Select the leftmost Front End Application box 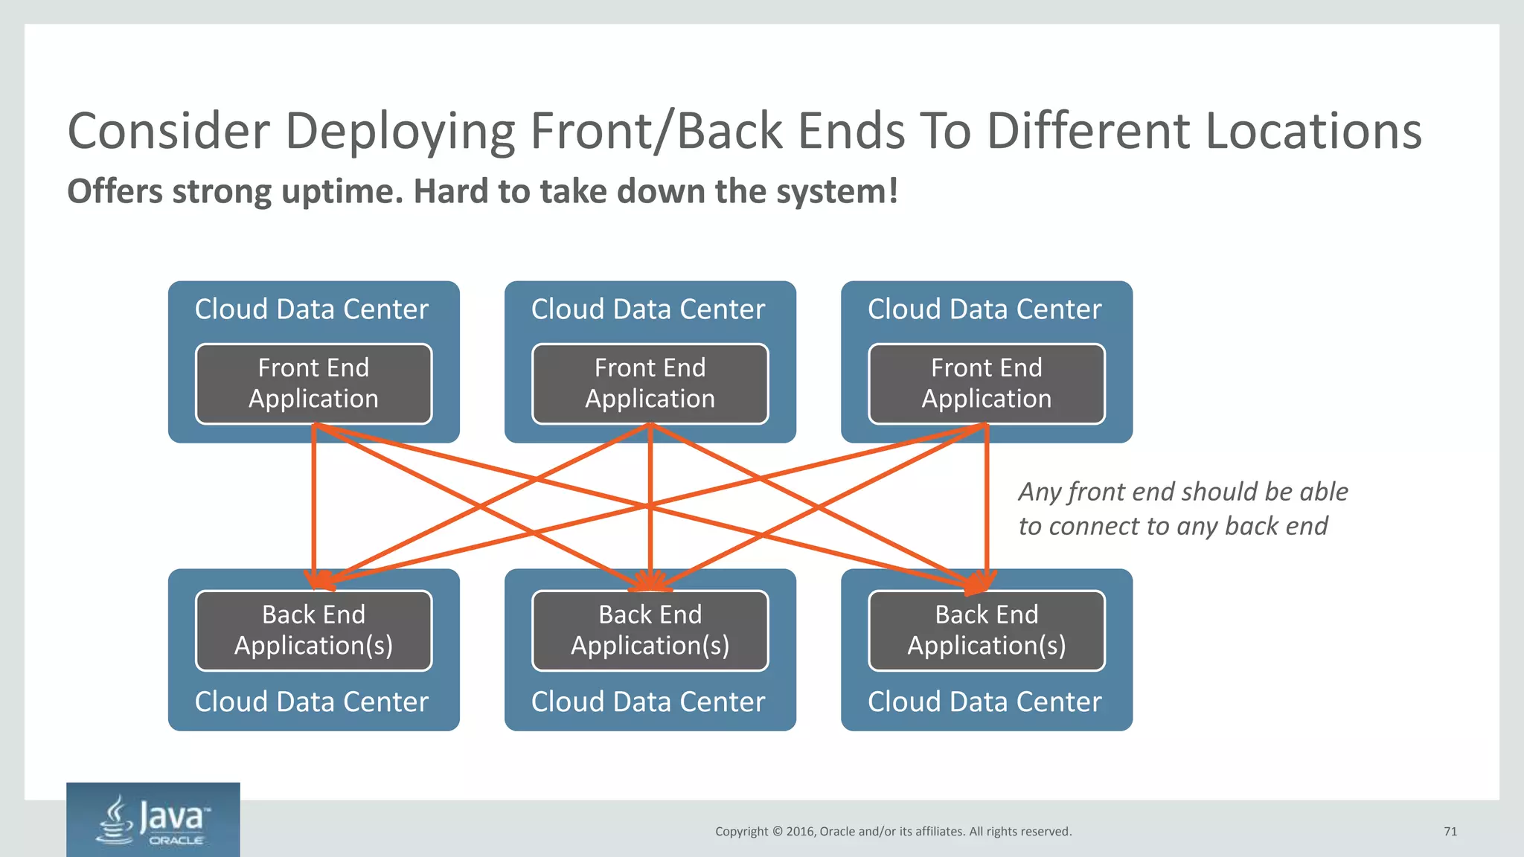coord(313,384)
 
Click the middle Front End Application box coord(650,384)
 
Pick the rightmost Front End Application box coord(986,384)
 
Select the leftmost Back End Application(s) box coord(313,630)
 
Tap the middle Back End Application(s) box coord(650,630)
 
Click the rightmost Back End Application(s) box coord(986,630)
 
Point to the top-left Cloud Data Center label coord(311,309)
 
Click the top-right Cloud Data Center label coord(984,309)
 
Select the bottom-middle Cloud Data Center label coord(647,702)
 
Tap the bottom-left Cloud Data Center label coord(311,702)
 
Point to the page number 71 coord(1450,832)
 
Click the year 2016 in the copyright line coord(800,832)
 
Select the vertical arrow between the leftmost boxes coord(314,506)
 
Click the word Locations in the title coord(1313,132)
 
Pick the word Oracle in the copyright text coord(836,832)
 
